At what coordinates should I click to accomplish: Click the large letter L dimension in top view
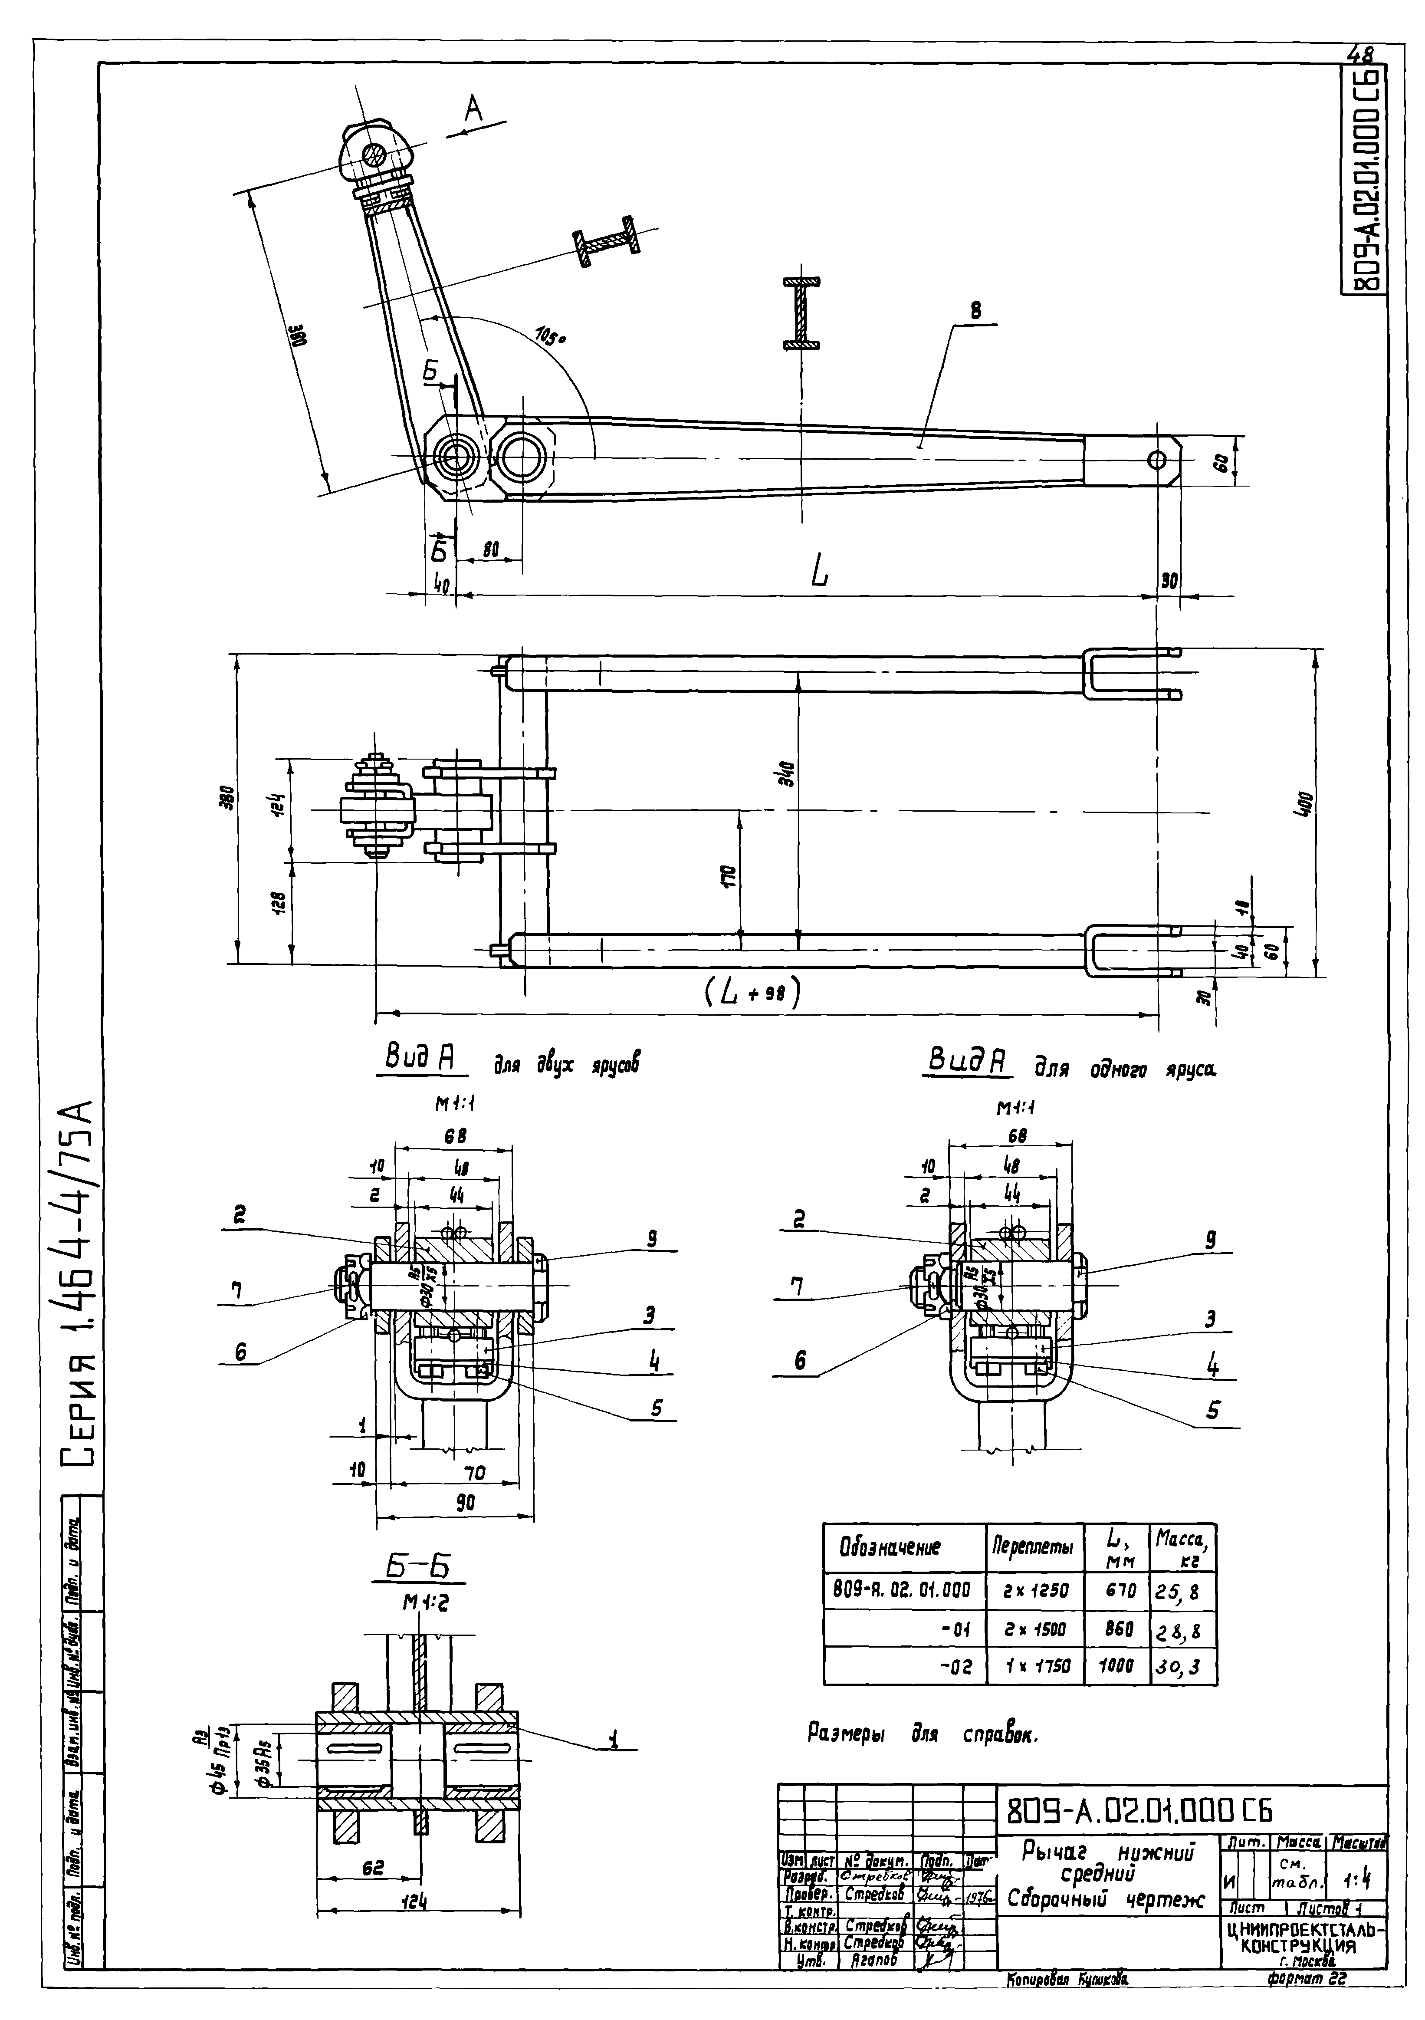[x=820, y=574]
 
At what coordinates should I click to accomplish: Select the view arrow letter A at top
[x=474, y=109]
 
